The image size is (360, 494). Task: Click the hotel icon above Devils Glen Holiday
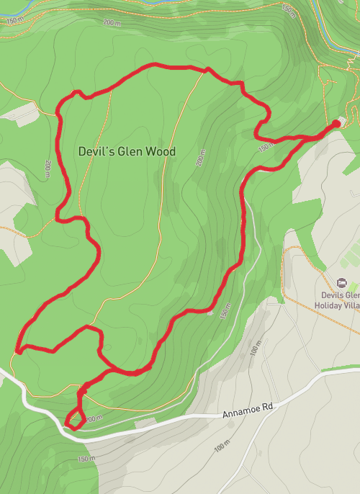point(341,281)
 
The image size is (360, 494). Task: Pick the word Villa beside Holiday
point(353,305)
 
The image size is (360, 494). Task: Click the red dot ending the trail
point(336,124)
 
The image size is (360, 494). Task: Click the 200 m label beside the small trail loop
point(94,418)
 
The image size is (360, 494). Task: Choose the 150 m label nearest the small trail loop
point(86,459)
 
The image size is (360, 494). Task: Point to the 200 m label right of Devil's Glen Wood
point(201,158)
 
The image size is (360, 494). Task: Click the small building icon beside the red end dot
point(342,120)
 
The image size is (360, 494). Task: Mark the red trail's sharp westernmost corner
point(17,352)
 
